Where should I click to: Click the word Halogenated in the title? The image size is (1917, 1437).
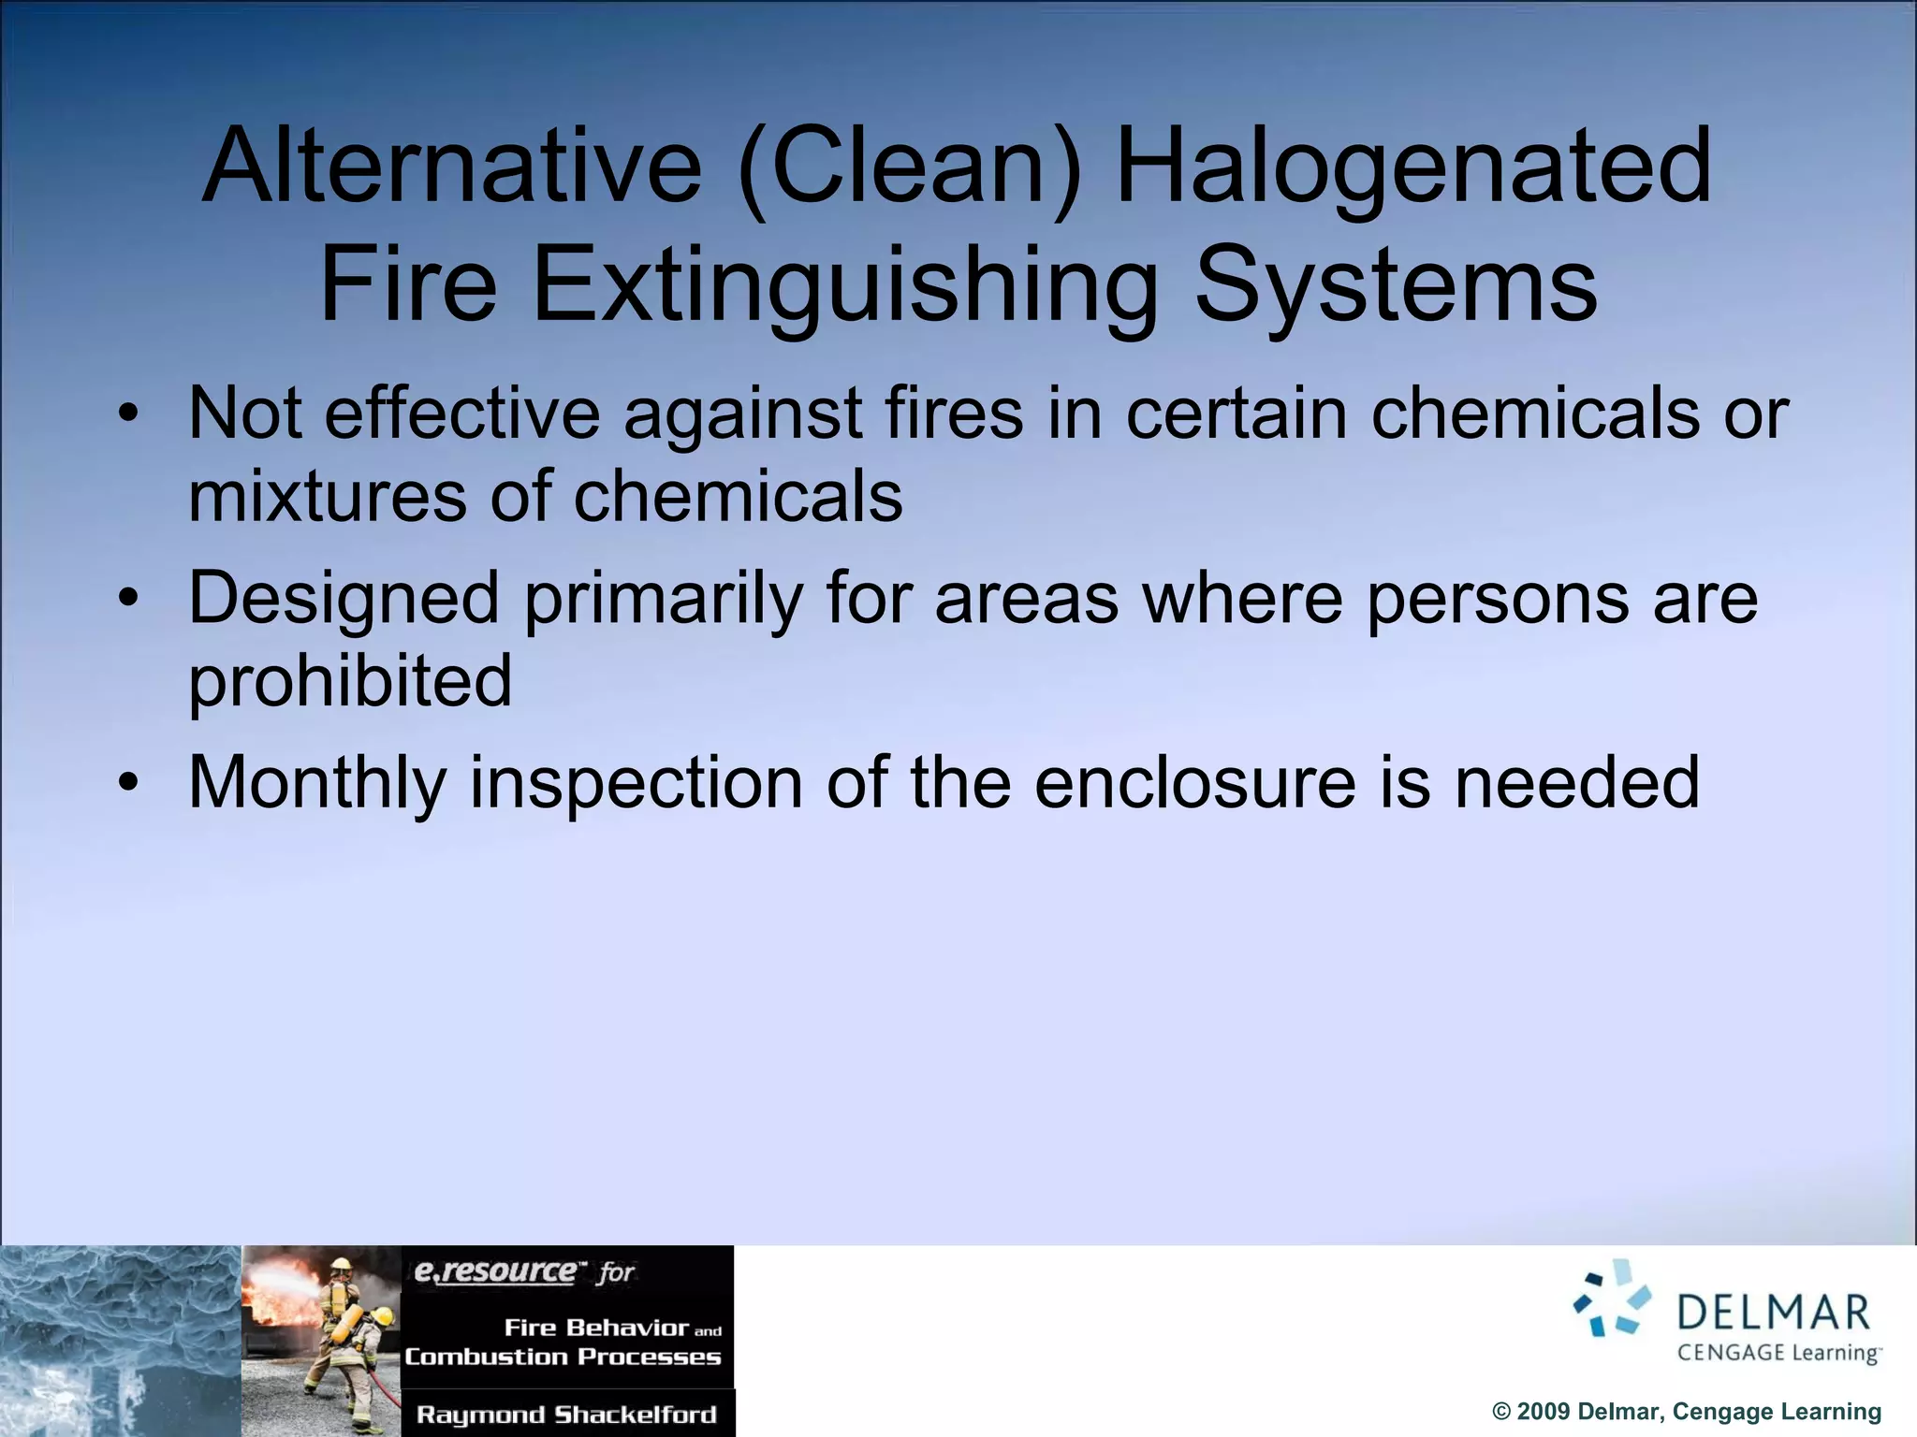(x=1413, y=168)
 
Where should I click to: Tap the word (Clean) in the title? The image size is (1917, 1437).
(x=909, y=168)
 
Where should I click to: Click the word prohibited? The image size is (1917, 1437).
(x=350, y=680)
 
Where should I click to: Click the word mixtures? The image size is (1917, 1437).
(x=327, y=496)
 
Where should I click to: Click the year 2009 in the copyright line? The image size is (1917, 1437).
(x=1543, y=1412)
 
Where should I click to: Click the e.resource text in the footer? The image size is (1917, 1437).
(x=495, y=1271)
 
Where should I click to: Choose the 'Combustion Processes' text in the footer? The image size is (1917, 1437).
(x=563, y=1357)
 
